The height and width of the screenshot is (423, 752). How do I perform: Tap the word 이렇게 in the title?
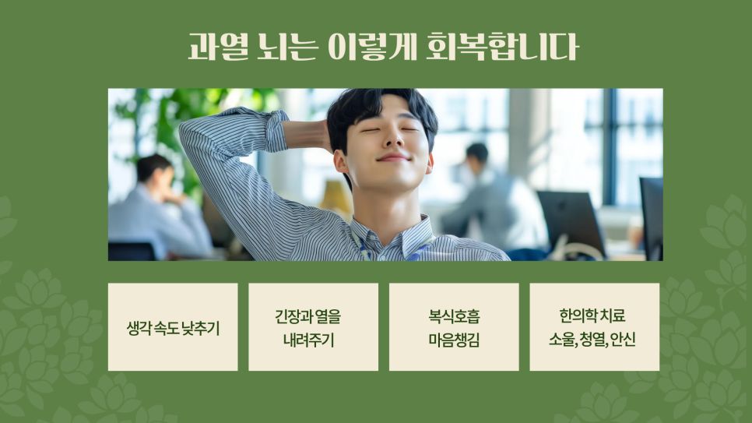pos(372,47)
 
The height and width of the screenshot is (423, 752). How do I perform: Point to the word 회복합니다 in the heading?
pos(503,47)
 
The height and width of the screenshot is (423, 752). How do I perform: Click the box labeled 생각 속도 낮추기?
pos(173,327)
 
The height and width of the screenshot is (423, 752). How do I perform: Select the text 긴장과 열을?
pos(307,316)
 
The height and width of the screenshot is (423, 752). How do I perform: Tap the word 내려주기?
pos(308,340)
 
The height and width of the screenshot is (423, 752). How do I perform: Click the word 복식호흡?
pos(454,316)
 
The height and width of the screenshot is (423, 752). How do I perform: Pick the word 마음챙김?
pos(454,340)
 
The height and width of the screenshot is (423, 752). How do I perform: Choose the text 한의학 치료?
pos(592,316)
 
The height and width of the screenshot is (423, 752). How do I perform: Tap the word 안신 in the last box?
pos(624,340)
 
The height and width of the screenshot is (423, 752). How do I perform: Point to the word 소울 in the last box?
pos(561,340)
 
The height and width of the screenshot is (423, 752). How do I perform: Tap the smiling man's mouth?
pos(393,157)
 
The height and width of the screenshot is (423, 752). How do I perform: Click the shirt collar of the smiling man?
pos(393,238)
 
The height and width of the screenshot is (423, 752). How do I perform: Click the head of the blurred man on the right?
pos(476,154)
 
